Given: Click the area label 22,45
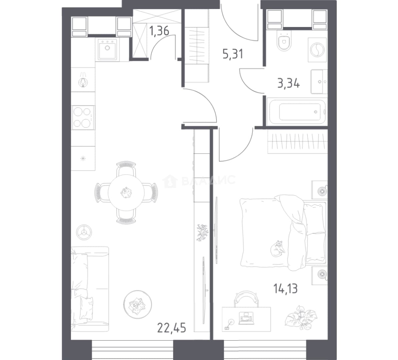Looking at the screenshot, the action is pyautogui.click(x=172, y=328).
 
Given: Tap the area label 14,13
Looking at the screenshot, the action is pyautogui.click(x=285, y=289).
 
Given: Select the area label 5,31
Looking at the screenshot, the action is pyautogui.click(x=233, y=54).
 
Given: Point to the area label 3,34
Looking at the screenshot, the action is pyautogui.click(x=289, y=83).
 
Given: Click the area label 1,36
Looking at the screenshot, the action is pyautogui.click(x=159, y=31).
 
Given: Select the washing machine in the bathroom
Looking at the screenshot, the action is pyautogui.click(x=317, y=50).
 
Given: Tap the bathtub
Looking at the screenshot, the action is pyautogui.click(x=296, y=112).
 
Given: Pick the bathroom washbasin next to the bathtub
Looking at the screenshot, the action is pyautogui.click(x=319, y=82).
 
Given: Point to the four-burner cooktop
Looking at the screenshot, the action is pyautogui.click(x=83, y=118).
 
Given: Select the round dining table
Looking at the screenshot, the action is pyautogui.click(x=126, y=193).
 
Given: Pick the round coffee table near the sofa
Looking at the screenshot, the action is pyautogui.click(x=138, y=304).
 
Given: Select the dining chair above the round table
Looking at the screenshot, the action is pyautogui.click(x=126, y=168).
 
